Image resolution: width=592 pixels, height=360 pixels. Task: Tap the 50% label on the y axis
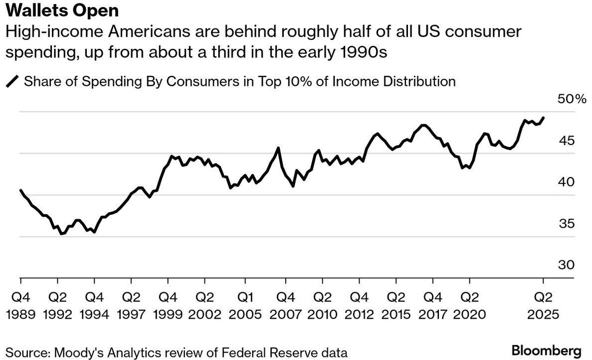pos(572,99)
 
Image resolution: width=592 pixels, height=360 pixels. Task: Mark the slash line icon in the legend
pos(12,81)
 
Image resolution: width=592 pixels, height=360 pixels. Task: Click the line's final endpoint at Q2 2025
pos(543,118)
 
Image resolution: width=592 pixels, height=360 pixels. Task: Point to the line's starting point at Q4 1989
pos(20,190)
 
